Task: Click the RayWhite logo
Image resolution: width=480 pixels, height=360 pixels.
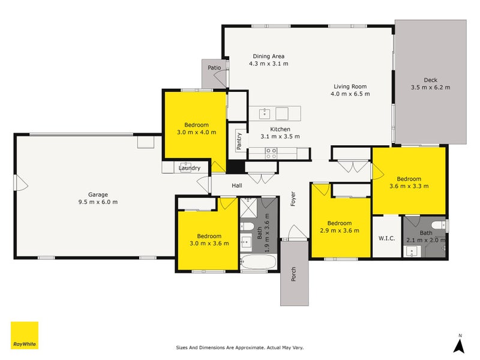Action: click(x=25, y=335)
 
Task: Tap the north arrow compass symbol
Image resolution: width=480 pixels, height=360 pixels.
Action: click(x=460, y=344)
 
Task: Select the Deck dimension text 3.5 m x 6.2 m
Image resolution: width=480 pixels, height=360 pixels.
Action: click(x=430, y=87)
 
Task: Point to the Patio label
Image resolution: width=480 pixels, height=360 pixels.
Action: click(x=214, y=68)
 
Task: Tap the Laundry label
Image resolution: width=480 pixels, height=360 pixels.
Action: click(x=189, y=168)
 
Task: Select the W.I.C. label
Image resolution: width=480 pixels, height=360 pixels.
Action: click(x=386, y=238)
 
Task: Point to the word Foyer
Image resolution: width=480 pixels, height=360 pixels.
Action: click(x=293, y=199)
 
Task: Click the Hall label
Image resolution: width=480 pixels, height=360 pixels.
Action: click(x=236, y=186)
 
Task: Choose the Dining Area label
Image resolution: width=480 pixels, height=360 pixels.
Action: click(x=269, y=56)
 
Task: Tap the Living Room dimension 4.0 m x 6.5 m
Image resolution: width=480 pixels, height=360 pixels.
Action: click(x=352, y=94)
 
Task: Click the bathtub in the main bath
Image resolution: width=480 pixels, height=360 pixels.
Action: click(x=258, y=262)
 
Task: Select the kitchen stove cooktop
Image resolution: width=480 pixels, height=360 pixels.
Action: click(x=271, y=154)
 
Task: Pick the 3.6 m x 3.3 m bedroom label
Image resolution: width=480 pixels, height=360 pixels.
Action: click(x=409, y=186)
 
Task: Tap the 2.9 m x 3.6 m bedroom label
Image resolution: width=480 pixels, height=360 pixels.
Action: click(x=340, y=230)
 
